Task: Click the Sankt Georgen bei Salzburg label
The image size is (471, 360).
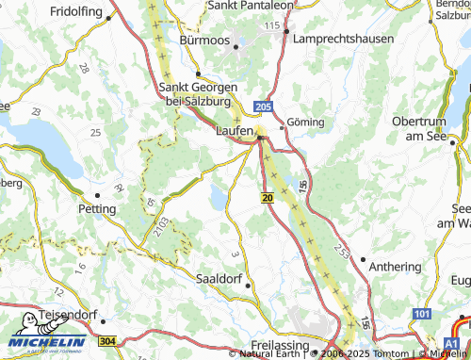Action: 198,92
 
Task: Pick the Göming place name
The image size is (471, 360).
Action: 305,123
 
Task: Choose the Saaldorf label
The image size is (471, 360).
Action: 217,280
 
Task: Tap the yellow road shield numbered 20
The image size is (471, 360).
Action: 268,197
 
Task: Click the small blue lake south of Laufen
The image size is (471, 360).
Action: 219,198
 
